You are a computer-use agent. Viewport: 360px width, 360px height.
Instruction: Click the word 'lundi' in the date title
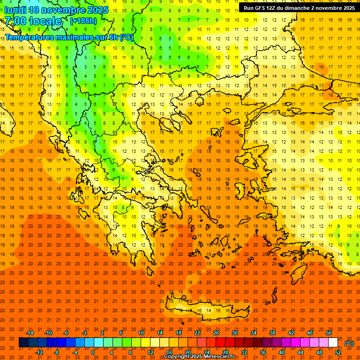point(15,10)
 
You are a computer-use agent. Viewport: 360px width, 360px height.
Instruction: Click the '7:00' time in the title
point(16,21)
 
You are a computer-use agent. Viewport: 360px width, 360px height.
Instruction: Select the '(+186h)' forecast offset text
point(83,21)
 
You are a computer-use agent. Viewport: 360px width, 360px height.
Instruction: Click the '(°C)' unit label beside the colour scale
point(349,343)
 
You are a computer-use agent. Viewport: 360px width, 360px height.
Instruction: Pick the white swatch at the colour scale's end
point(333,343)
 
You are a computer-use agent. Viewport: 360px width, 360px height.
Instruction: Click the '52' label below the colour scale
point(338,352)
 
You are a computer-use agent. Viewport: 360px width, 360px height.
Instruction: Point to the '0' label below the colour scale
point(93,352)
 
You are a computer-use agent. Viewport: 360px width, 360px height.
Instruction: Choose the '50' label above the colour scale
point(329,333)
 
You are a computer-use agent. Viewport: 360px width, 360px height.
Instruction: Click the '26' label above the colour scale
point(216,333)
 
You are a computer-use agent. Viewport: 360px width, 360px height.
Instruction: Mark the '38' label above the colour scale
point(272,333)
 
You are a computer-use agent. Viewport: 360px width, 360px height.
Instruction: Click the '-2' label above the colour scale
point(85,333)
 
